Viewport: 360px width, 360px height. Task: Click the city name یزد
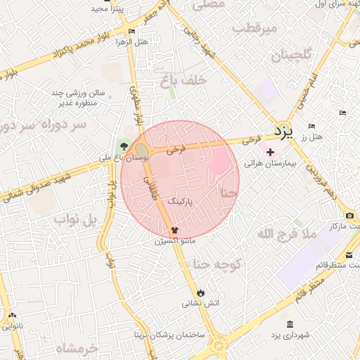pyautogui.click(x=281, y=131)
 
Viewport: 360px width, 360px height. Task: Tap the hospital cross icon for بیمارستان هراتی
pyautogui.click(x=270, y=152)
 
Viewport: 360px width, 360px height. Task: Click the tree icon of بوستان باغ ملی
pyautogui.click(x=124, y=146)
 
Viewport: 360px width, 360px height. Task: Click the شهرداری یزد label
pyautogui.click(x=290, y=335)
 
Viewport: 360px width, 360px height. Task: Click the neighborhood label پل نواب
pyautogui.click(x=73, y=220)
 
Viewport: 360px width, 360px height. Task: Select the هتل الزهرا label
pyautogui.click(x=133, y=41)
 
